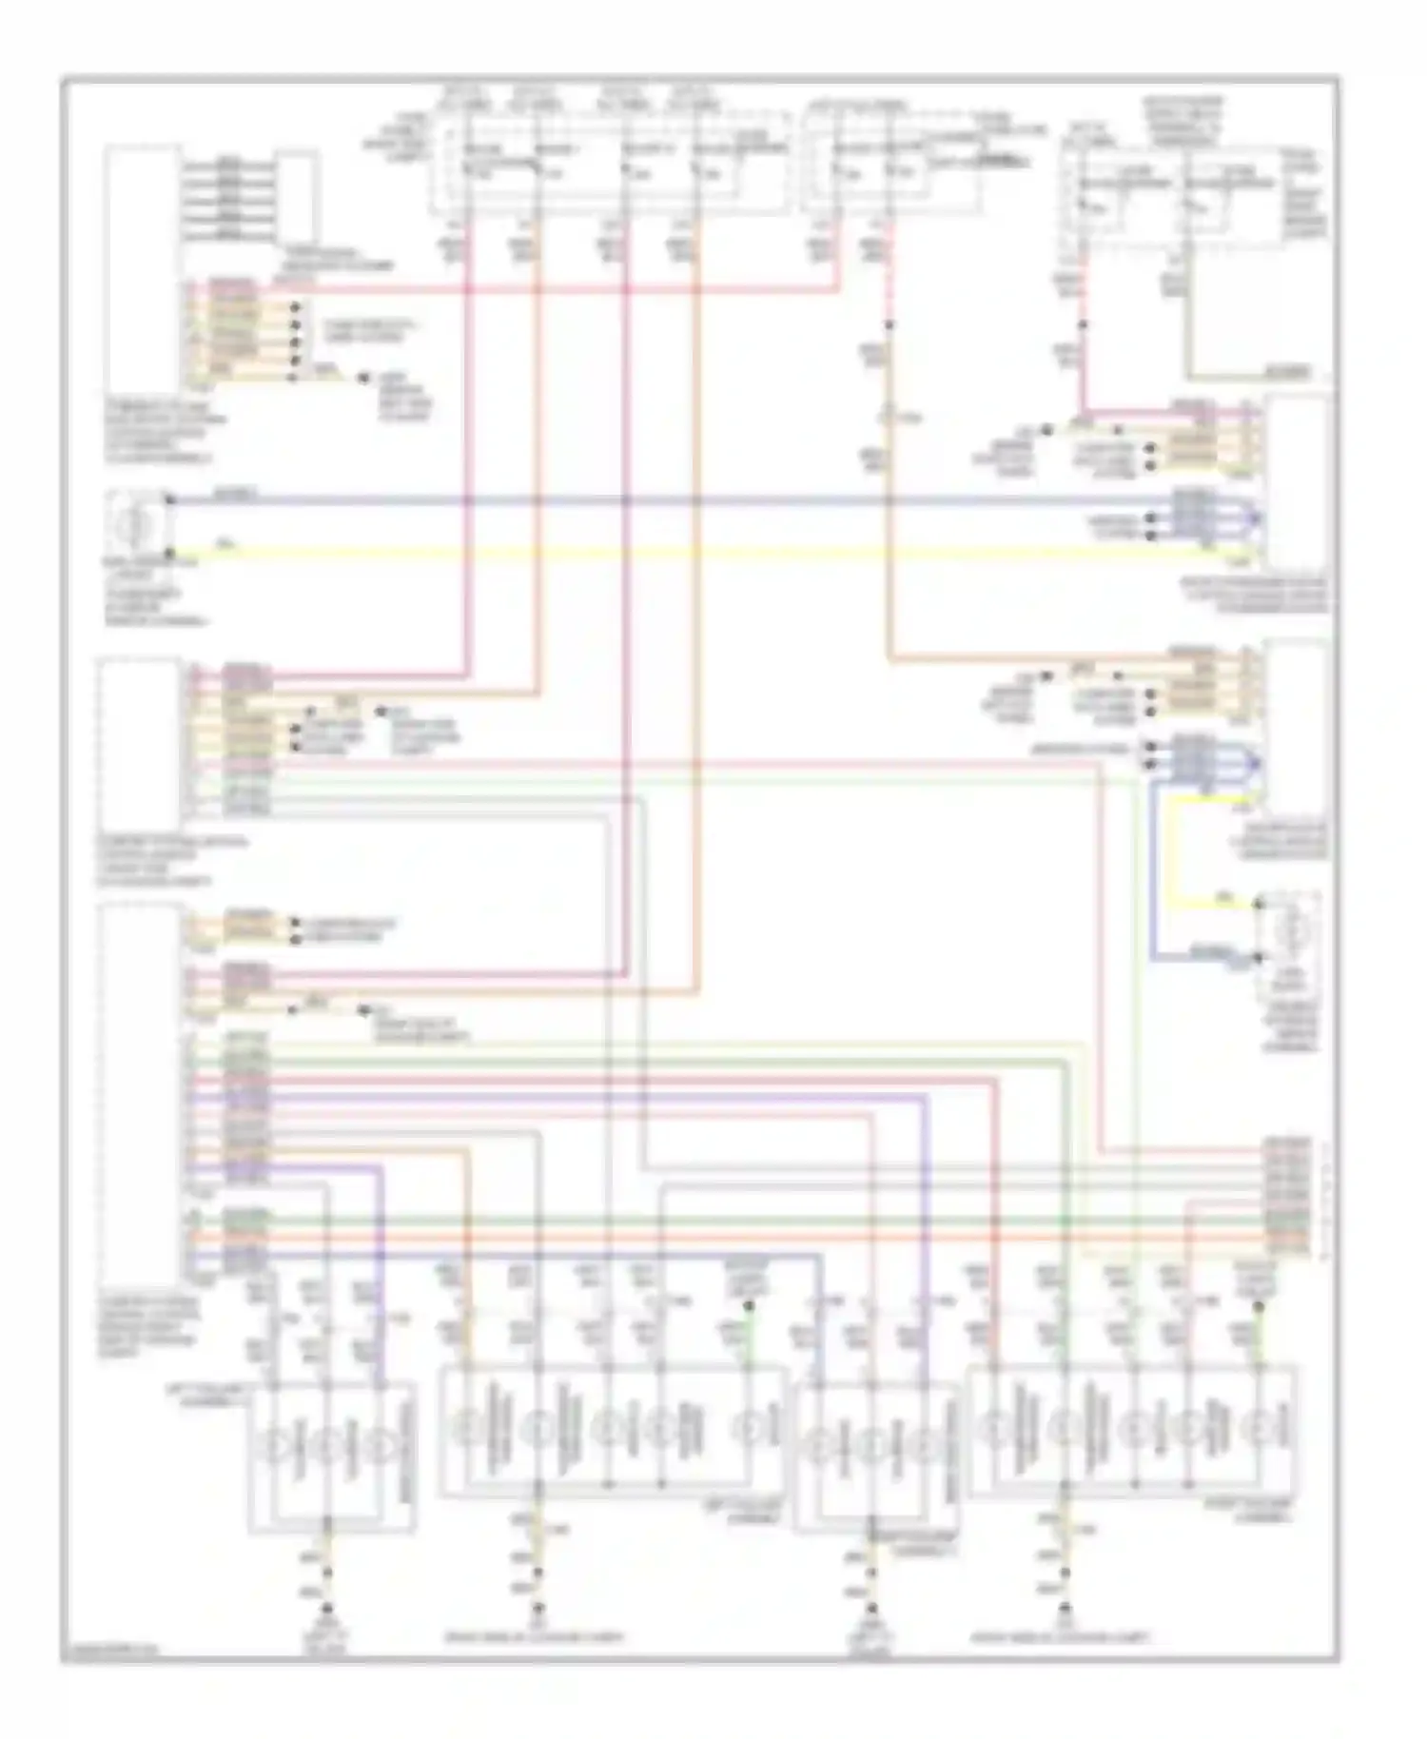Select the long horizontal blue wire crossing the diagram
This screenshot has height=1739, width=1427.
pos(666,499)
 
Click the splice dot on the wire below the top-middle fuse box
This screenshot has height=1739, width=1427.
pos(888,324)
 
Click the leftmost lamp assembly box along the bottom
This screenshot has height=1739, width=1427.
pos(330,1456)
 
